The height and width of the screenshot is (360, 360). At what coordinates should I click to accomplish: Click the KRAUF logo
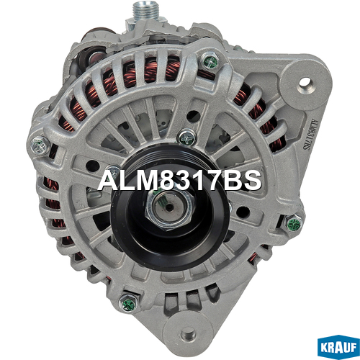pyautogui.click(x=338, y=347)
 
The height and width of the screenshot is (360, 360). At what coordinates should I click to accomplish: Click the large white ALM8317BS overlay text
pyautogui.click(x=179, y=181)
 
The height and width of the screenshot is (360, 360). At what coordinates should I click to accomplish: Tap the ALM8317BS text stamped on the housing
pyautogui.click(x=309, y=135)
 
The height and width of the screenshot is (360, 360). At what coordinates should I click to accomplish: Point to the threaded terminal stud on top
pyautogui.click(x=146, y=11)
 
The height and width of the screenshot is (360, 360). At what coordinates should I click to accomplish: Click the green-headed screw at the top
pyautogui.click(x=210, y=60)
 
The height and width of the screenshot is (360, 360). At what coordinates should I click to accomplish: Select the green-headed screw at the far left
pyautogui.click(x=40, y=146)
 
